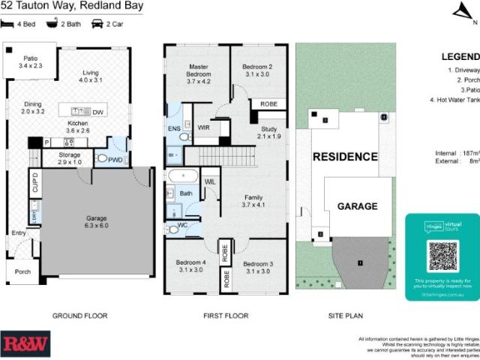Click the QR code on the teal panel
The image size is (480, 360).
coord(442,256)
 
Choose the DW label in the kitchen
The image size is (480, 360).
coord(97,112)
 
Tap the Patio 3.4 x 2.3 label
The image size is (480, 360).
coord(31,62)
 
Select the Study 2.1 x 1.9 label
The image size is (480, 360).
coord(269,132)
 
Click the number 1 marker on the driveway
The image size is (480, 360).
coord(360,262)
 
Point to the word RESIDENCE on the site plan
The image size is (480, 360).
coord(345,157)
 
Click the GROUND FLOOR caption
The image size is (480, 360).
coord(79,316)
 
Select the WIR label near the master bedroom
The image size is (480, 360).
coord(202,127)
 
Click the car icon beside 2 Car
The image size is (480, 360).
coord(97,23)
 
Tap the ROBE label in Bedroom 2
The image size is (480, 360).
coord(267,104)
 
